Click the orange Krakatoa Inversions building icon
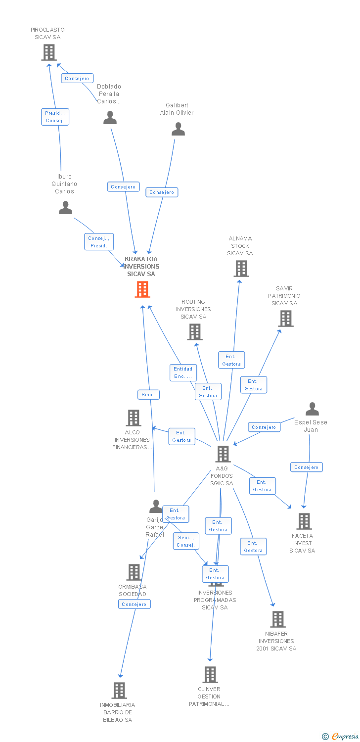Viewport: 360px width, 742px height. [x=142, y=289]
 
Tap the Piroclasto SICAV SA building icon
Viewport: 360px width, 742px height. [x=49, y=52]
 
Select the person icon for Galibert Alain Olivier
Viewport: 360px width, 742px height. [x=178, y=129]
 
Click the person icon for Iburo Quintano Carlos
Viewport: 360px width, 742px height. [x=65, y=208]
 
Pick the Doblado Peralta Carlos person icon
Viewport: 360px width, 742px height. [x=110, y=118]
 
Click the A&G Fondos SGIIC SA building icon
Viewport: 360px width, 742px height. [x=223, y=454]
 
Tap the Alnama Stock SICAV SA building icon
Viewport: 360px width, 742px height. [x=241, y=269]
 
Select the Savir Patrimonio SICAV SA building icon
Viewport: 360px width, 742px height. [x=286, y=319]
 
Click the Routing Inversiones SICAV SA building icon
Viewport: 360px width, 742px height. [x=195, y=332]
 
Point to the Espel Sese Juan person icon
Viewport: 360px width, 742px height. [x=312, y=409]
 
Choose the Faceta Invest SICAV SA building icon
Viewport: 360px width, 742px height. [x=304, y=521]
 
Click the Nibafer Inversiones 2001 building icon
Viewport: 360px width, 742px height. [x=278, y=619]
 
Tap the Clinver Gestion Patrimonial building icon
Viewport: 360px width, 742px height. [x=210, y=674]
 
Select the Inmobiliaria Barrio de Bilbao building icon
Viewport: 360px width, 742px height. [x=119, y=690]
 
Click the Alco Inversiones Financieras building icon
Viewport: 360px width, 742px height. [x=134, y=418]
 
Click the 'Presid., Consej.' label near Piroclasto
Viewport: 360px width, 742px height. [x=55, y=117]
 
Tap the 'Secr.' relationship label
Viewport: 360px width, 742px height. [x=148, y=394]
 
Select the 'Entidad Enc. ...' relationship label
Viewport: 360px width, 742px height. [x=183, y=372]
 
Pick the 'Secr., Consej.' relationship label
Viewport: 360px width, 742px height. [x=186, y=541]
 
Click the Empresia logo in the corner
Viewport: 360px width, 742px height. [x=341, y=736]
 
